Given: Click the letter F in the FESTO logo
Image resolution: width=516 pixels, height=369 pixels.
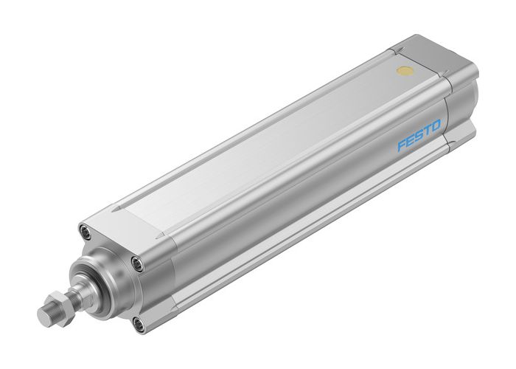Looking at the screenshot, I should (402, 147).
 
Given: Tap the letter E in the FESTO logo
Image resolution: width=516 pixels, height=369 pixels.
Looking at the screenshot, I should (411, 142).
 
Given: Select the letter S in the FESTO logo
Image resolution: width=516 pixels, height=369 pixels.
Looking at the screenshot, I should (420, 137).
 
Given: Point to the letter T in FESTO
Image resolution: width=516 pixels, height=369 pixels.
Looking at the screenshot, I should (428, 132).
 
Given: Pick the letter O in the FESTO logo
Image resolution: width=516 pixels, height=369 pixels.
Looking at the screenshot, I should (437, 127).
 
